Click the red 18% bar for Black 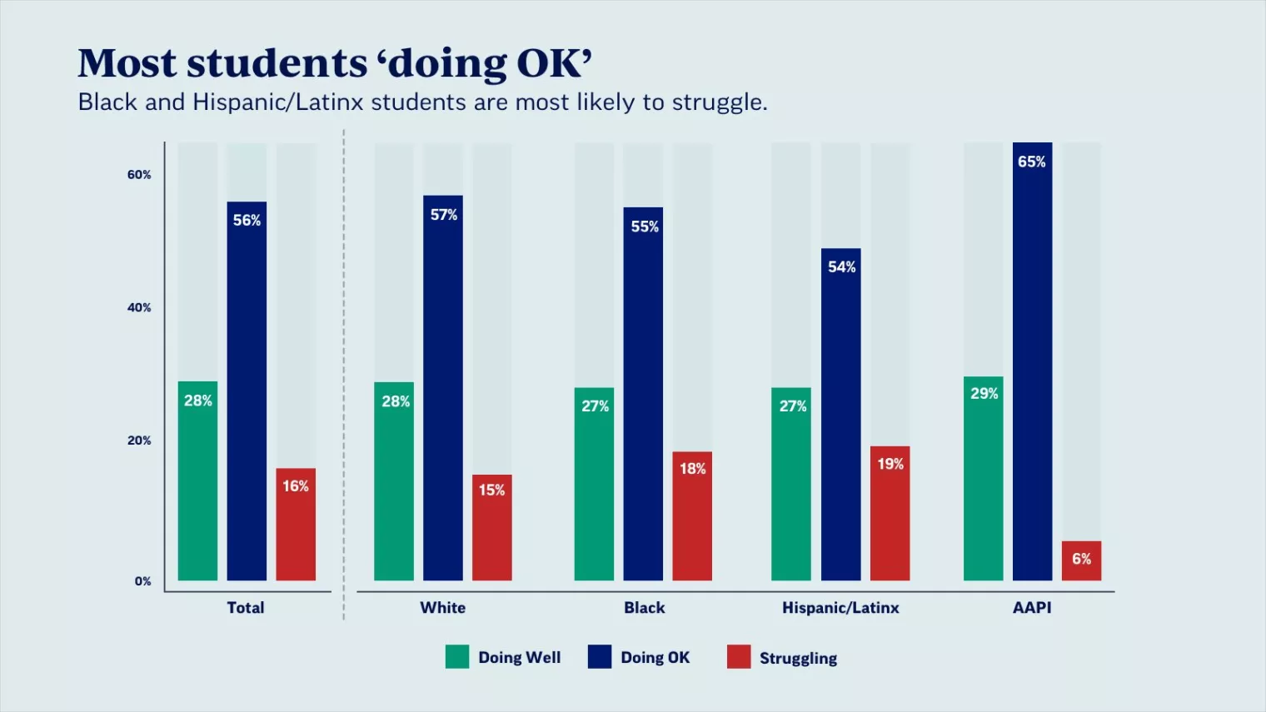[692, 515]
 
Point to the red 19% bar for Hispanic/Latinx [890, 513]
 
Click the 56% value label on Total [247, 220]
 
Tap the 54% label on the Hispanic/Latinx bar [841, 266]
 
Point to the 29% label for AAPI [984, 393]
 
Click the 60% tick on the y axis [139, 175]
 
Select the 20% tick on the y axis [139, 441]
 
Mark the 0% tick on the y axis [142, 581]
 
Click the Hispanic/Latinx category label [840, 608]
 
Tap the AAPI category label [1032, 608]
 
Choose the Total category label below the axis [246, 608]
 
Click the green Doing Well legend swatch [457, 657]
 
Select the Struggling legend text [798, 658]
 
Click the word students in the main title [277, 63]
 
